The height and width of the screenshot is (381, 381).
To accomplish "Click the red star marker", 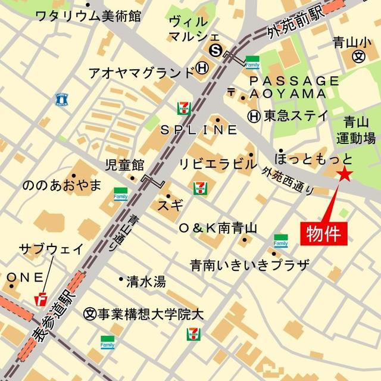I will pyautogui.click(x=345, y=174).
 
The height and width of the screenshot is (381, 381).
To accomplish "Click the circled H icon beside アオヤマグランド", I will pyautogui.click(x=202, y=70).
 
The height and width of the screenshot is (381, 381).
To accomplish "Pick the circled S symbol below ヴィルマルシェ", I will pyautogui.click(x=216, y=51).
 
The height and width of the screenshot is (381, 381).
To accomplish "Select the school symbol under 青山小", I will pyautogui.click(x=358, y=57).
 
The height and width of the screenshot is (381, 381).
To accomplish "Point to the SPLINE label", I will pyautogui.click(x=198, y=130).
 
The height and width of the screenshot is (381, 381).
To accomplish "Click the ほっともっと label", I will pyautogui.click(x=313, y=159).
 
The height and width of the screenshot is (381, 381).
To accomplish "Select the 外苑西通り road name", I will pyautogui.click(x=288, y=180).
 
